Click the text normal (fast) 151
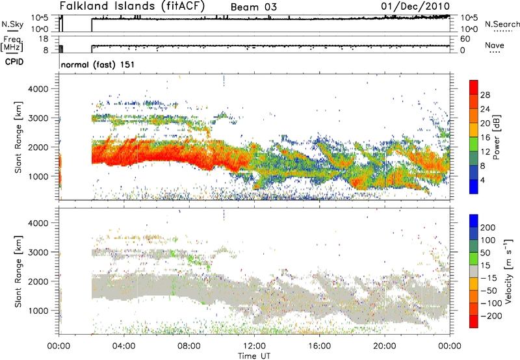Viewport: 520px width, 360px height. (97, 64)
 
